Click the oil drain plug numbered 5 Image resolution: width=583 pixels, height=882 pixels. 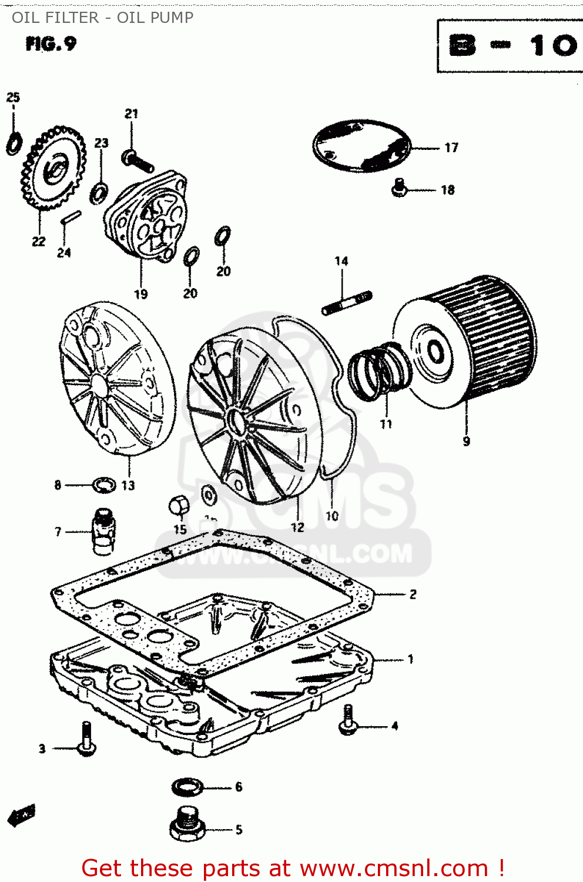187,824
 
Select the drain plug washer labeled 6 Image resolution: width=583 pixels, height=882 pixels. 187,786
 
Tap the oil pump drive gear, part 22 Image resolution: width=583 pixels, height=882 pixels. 53,170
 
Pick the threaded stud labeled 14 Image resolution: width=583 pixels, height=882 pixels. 347,302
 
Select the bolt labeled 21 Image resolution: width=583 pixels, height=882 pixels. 138,161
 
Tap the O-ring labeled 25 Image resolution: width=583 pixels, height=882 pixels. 14,143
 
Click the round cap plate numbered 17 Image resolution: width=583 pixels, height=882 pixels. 361,146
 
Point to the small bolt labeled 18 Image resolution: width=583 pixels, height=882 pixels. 400,188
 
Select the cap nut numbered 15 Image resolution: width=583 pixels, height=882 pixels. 179,506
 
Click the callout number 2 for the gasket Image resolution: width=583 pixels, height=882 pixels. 413,594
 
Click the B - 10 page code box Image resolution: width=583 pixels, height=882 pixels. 510,46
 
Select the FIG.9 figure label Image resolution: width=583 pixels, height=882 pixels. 51,44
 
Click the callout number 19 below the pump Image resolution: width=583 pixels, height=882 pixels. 141,294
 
